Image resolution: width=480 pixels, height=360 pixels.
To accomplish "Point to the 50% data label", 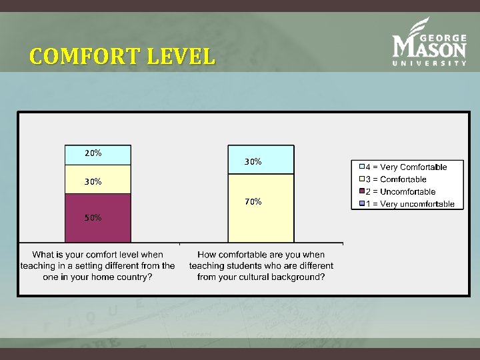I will pos(93,218).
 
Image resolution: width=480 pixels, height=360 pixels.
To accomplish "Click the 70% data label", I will pos(253,201).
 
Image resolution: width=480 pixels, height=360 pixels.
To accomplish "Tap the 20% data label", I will pos(93,153).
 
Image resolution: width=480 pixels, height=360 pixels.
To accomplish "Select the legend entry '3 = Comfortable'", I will pos(398,179).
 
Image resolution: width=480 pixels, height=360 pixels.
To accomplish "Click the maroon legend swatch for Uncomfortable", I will pos(361,192).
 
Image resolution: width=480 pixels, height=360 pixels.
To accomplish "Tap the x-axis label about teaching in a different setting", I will pos(97,265).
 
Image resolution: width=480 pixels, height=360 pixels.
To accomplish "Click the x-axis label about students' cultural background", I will pos(261,265).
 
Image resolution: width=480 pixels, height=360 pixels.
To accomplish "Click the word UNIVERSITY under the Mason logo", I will pos(429,63).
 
